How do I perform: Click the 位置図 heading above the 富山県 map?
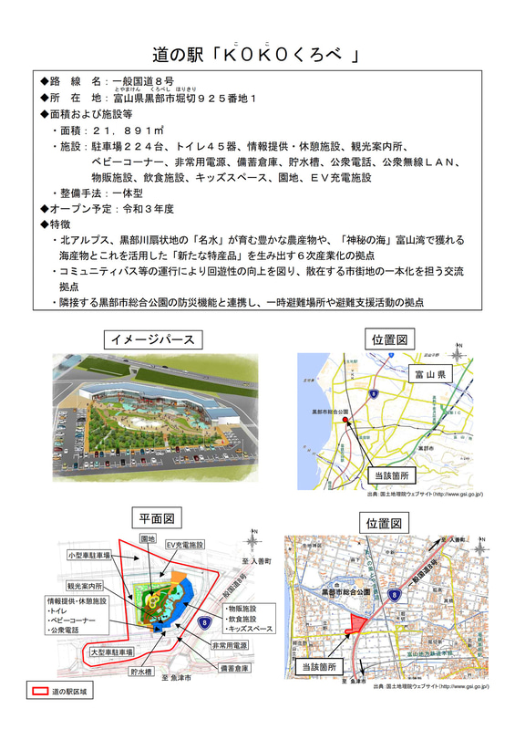[387, 339]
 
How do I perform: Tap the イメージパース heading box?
[152, 339]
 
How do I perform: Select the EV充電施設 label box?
[181, 545]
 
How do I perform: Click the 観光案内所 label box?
[85, 585]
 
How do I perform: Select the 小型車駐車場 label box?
[88, 555]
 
